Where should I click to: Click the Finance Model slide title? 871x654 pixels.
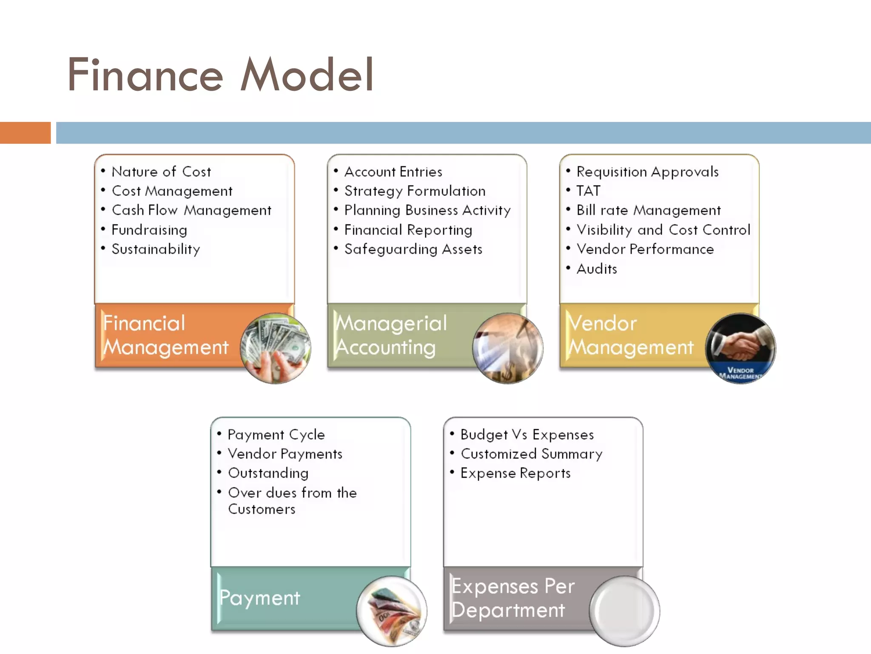point(220,75)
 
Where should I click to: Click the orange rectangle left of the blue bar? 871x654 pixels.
point(25,132)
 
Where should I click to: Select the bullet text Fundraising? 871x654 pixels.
point(149,230)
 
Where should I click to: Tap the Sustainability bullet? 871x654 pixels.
point(156,249)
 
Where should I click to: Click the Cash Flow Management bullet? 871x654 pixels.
point(191,210)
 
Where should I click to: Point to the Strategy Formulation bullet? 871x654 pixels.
point(415,191)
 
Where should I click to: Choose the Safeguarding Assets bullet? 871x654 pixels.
point(413,249)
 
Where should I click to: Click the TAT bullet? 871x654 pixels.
point(588,191)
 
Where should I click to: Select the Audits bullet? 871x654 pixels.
point(597,269)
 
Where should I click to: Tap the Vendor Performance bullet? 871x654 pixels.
point(645,249)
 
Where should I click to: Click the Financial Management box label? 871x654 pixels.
point(166,335)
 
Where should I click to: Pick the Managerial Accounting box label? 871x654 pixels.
point(391,335)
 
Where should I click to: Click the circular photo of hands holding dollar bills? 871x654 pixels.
point(275,348)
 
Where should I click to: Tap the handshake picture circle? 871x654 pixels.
point(740,348)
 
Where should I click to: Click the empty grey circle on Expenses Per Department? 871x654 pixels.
point(624,611)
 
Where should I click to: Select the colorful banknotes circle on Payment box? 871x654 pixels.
point(392,611)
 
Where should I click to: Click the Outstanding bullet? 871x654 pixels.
point(268,473)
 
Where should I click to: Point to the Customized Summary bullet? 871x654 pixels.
point(531,454)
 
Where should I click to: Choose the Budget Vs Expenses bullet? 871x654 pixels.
point(527,435)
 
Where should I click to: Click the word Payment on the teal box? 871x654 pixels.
point(259,598)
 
